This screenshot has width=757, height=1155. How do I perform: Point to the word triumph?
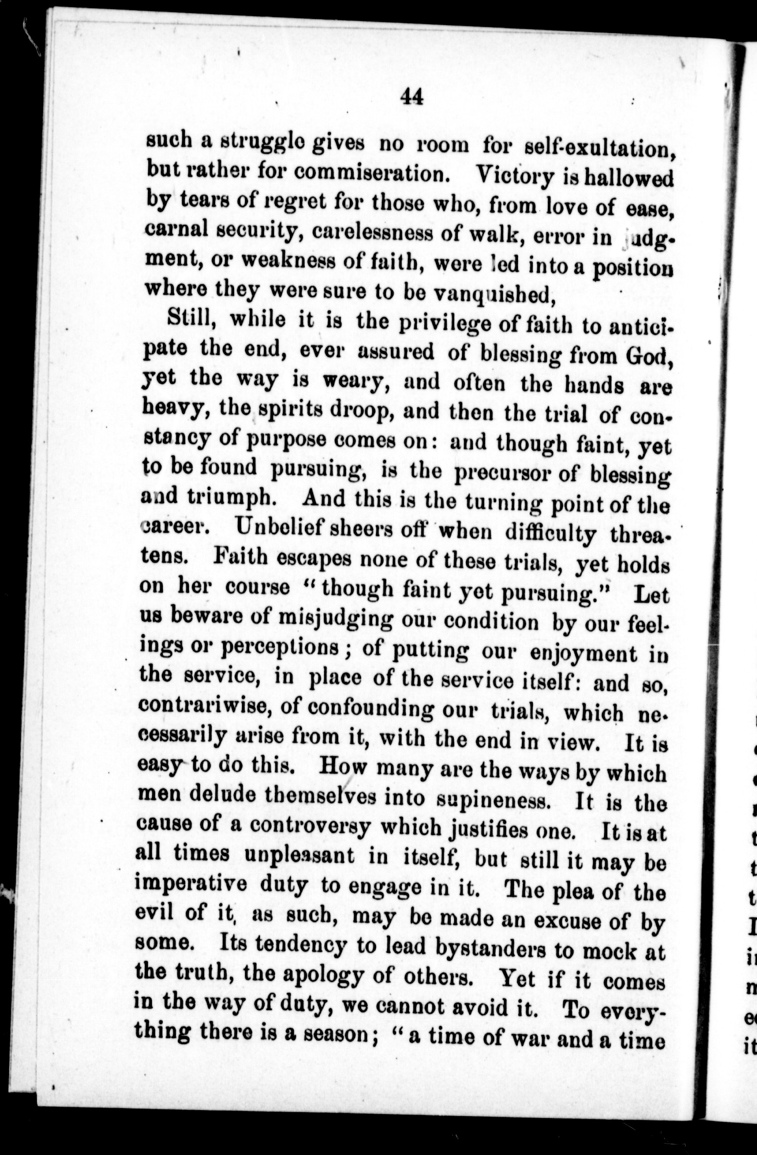point(237,498)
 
